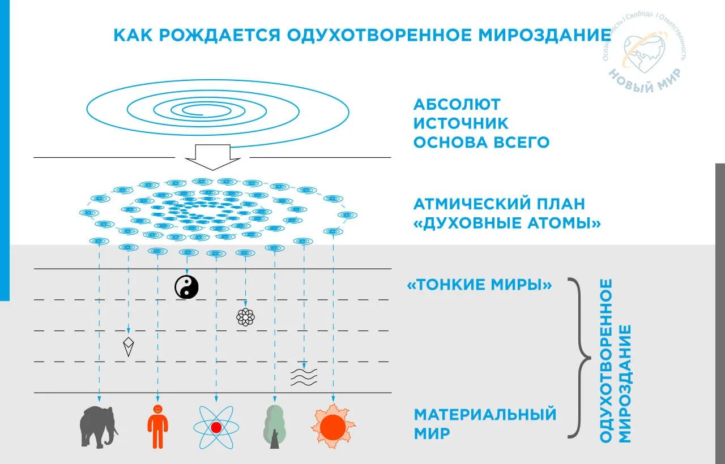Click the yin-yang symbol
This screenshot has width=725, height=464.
pyautogui.click(x=186, y=287)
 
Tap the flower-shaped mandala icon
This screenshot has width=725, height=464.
pyautogui.click(x=245, y=317)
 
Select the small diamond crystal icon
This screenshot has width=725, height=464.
pyautogui.click(x=129, y=346)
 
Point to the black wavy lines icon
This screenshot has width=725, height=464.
pyautogui.click(x=304, y=377)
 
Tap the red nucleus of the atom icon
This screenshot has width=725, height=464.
pyautogui.click(x=216, y=427)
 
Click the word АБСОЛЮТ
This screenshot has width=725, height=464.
pyautogui.click(x=457, y=105)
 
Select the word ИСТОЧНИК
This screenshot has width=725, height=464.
pyautogui.click(x=461, y=123)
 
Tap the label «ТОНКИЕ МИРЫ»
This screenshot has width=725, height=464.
pyautogui.click(x=479, y=285)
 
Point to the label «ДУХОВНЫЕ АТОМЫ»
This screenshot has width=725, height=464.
pyautogui.click(x=507, y=223)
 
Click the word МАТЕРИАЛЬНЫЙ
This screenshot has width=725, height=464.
pyautogui.click(x=485, y=414)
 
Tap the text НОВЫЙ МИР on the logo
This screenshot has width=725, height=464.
pyautogui.click(x=646, y=79)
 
